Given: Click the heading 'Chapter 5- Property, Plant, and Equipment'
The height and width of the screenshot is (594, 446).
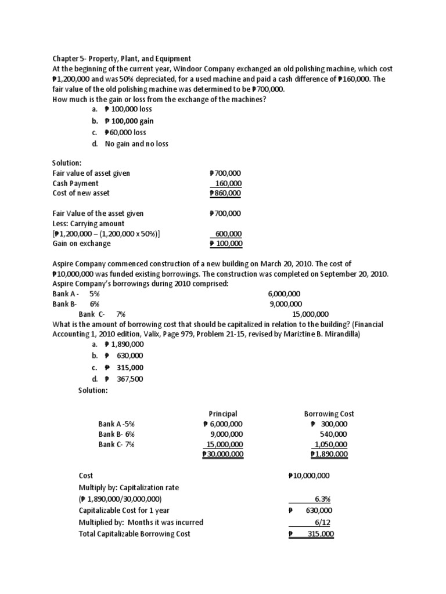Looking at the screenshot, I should coord(121,58).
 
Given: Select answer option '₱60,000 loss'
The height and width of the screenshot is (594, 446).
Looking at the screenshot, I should coord(125,132).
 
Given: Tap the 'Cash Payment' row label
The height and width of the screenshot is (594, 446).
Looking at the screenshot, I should coord(75,183).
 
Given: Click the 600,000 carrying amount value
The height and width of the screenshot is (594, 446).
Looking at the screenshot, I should coord(228,234).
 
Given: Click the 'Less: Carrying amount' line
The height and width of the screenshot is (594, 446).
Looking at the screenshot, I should coord(88,223).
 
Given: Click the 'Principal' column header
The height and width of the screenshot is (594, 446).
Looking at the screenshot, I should coord(223,414).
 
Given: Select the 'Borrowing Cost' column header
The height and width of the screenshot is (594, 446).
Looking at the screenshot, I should coord(329,414).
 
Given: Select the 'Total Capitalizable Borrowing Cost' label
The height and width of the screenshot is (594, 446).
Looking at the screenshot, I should coord(134,534).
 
